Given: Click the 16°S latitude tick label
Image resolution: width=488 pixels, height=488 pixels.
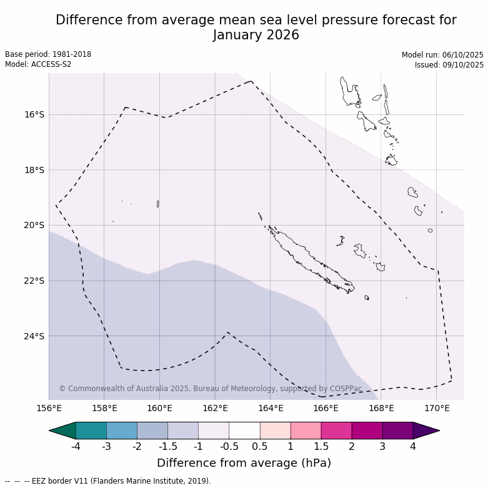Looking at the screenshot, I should coord(34,114).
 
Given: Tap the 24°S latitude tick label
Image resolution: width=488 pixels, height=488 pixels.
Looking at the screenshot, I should coord(34,336).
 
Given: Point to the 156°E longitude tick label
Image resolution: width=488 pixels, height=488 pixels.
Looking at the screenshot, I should coord(49,409).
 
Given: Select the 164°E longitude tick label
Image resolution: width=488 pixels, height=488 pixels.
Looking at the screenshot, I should coord(271,409).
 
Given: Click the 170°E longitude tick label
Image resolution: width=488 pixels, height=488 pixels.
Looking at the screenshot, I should coord(437,409).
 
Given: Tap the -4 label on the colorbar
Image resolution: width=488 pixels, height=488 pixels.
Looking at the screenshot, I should coord(76,447).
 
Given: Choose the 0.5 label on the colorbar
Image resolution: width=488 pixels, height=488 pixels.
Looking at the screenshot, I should coord(260,447).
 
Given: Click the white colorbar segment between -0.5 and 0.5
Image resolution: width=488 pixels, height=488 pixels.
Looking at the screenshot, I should coord(244,431).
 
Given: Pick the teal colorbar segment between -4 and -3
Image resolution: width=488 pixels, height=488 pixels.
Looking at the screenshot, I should coord(91,431).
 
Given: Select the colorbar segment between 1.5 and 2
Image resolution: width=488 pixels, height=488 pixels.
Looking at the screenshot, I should coord(336,431).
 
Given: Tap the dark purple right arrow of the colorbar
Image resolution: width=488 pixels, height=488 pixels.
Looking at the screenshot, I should coord(426,431).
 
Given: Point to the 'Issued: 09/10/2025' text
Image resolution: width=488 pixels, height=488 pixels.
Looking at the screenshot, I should coord(449,64).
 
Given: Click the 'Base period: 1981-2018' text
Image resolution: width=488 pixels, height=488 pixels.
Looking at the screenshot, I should coord(48,54).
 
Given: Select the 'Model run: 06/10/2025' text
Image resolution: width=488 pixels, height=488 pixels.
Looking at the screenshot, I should coord(442,54).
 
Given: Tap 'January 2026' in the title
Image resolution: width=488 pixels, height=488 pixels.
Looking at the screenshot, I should coord(256,35).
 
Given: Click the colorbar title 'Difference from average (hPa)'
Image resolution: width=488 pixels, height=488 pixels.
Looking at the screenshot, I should coord(244,463).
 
